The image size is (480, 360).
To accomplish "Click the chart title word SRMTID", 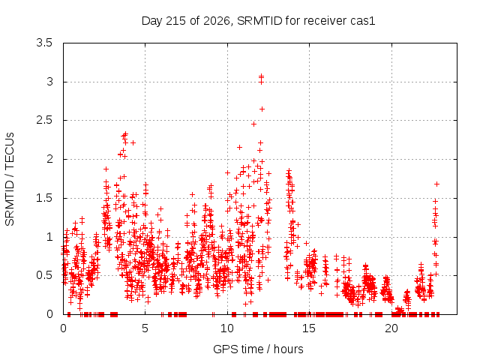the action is [260, 21].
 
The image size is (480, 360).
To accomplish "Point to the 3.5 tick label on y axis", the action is [44, 43].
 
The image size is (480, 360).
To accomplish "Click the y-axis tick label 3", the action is [49, 82].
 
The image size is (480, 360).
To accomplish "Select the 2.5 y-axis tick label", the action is [44, 120].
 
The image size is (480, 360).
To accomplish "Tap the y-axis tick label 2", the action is [49, 159].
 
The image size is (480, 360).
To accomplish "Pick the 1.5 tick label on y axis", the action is [44, 198].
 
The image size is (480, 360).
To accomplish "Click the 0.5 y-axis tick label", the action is [44, 275].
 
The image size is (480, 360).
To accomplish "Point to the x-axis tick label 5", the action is [145, 328].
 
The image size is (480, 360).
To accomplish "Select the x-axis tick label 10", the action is [227, 328].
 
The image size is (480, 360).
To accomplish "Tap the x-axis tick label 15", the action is [309, 328].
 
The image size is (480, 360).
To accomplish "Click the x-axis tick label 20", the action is [391, 328].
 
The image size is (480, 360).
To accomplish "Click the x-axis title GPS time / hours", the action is [258, 349].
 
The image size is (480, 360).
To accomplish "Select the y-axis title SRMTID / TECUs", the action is [10, 179].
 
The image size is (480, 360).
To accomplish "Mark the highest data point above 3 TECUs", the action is [261, 75].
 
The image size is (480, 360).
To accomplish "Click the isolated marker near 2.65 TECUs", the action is [262, 109].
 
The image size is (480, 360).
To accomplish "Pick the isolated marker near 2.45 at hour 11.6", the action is [253, 124].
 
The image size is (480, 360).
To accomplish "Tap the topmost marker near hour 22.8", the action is [436, 184].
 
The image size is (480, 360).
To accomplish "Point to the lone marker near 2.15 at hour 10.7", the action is [239, 147].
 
